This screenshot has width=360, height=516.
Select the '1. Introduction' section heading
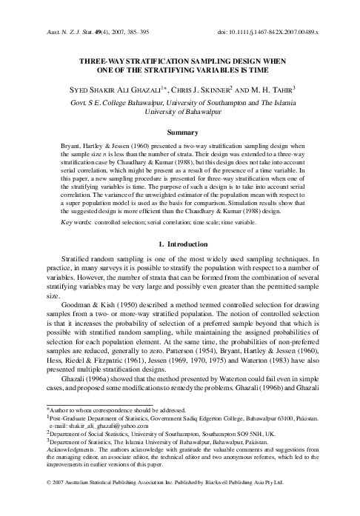pos(180,242)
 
